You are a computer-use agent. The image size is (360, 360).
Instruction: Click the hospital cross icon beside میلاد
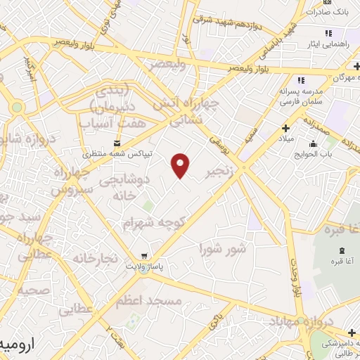point(285,128)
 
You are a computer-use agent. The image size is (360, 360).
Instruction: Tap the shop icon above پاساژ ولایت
point(143,256)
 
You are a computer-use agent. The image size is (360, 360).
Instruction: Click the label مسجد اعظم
point(155,301)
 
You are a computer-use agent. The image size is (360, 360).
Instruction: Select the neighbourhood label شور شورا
point(223,249)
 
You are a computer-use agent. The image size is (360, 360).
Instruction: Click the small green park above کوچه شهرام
point(148,205)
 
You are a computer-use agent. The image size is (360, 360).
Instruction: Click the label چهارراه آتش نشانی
point(195,111)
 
